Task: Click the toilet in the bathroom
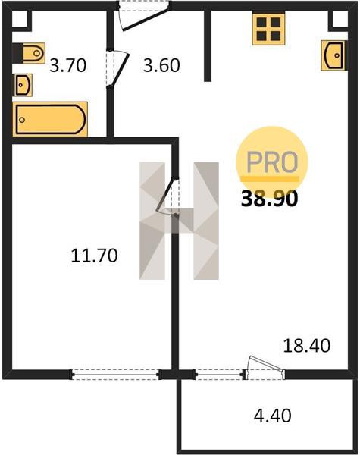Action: tap(29, 53)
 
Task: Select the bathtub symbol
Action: tap(50, 119)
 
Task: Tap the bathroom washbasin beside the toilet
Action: tap(23, 85)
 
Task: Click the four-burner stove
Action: tap(268, 29)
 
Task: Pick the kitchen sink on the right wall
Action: tap(333, 55)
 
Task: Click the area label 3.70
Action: tap(68, 65)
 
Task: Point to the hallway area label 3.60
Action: tap(161, 65)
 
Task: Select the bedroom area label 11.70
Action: tap(94, 256)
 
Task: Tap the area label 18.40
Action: tap(307, 346)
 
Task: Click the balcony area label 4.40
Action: tap(272, 416)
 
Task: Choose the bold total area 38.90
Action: tap(270, 199)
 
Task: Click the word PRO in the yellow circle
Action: tap(272, 162)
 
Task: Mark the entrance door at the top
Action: tap(144, 15)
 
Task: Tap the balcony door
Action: tap(264, 368)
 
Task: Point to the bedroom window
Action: tap(115, 375)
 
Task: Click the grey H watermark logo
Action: tap(179, 221)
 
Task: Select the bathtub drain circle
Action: tap(22, 120)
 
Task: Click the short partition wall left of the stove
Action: tap(208, 45)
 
